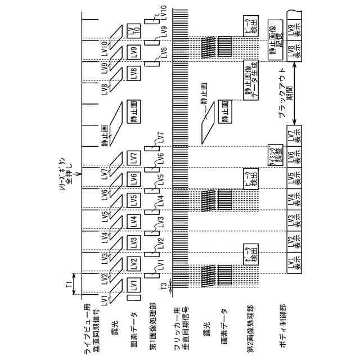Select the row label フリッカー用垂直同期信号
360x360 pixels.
point(179,323)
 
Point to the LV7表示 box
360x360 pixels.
point(295,137)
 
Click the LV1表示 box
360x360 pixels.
point(295,264)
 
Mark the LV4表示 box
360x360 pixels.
point(295,200)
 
